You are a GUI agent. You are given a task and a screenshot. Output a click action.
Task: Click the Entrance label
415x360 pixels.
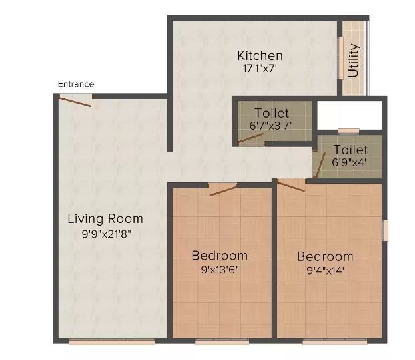tap(76, 84)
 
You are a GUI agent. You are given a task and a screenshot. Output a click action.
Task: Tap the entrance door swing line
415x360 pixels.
tap(75, 102)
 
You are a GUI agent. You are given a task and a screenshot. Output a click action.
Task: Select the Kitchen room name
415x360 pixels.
tap(260, 55)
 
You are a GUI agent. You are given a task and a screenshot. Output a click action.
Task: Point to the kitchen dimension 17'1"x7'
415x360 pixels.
tap(260, 69)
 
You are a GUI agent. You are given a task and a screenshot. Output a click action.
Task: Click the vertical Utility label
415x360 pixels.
tap(353, 61)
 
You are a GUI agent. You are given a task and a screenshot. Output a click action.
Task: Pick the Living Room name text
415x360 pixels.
tap(105, 219)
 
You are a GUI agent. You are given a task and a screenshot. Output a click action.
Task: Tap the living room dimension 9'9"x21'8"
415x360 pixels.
tap(107, 234)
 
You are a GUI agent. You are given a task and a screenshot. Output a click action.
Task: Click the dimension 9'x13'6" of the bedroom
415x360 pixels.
tap(220, 270)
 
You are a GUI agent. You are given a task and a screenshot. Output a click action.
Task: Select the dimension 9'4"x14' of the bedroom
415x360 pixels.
tap(326, 271)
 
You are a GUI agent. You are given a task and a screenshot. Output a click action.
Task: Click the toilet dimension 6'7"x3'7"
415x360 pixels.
tap(271, 126)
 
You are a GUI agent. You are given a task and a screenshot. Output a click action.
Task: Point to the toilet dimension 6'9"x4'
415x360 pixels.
tap(349, 162)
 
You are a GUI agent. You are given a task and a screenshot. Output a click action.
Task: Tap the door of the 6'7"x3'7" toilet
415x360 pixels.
tap(250, 139)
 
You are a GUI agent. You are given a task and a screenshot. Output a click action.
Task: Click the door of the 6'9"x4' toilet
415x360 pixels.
tap(320, 166)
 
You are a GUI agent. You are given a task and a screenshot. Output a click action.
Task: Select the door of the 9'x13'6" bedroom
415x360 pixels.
tap(223, 191)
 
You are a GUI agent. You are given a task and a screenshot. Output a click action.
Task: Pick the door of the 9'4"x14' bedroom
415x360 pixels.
tap(291, 185)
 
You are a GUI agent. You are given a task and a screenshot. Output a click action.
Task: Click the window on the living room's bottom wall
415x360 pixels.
tap(112, 342)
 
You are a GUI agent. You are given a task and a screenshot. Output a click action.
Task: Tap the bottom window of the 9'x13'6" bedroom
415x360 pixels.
tap(222, 342)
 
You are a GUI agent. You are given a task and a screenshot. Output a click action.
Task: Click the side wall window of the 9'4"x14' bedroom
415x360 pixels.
tap(386, 230)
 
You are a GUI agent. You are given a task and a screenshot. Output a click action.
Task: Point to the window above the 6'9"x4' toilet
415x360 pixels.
tap(348, 131)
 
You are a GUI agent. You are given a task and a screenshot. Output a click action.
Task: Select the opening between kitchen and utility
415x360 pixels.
tap(340, 58)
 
